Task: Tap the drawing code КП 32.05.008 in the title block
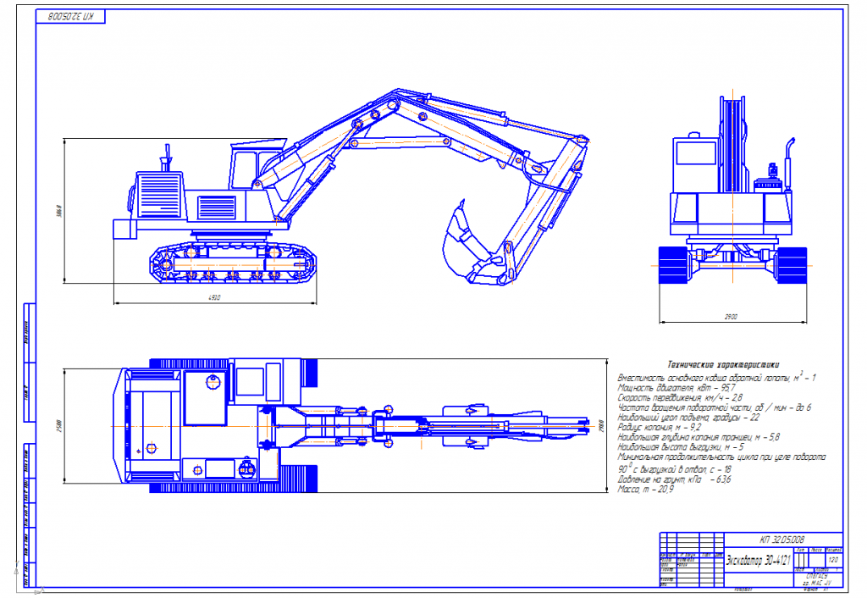tap(781, 539)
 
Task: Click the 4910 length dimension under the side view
tap(215, 297)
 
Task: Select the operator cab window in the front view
tap(693, 154)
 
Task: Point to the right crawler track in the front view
tap(792, 265)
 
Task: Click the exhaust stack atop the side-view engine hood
tap(167, 158)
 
